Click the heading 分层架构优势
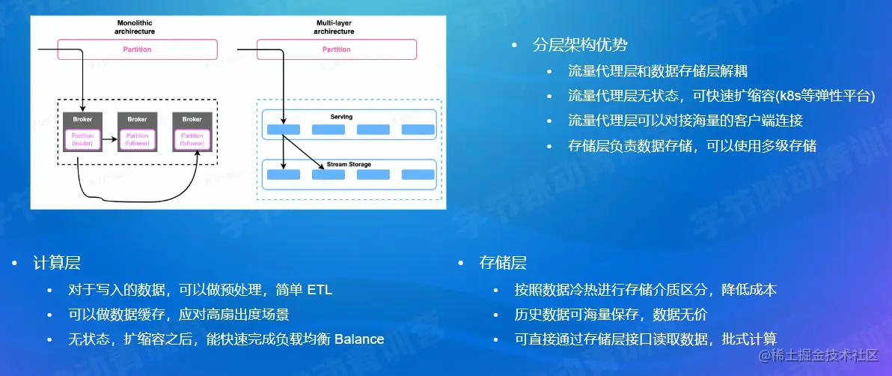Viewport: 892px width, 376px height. click(x=579, y=45)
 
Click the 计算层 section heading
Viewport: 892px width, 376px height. click(x=56, y=263)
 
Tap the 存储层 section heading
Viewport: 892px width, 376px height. click(x=502, y=263)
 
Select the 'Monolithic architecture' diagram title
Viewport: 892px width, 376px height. click(x=135, y=28)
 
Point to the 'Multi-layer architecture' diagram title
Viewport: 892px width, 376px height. click(x=335, y=28)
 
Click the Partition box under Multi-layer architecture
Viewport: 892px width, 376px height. click(x=336, y=49)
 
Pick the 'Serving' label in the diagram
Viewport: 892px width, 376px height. click(x=341, y=117)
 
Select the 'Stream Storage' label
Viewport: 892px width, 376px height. click(x=349, y=164)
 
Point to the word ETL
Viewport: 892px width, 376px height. click(x=320, y=290)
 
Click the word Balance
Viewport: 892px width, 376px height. click(x=358, y=339)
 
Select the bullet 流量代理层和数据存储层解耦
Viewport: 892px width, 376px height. click(x=658, y=71)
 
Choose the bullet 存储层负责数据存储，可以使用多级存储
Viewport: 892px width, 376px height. click(x=692, y=145)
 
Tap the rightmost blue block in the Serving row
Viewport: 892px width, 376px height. click(x=418, y=130)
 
